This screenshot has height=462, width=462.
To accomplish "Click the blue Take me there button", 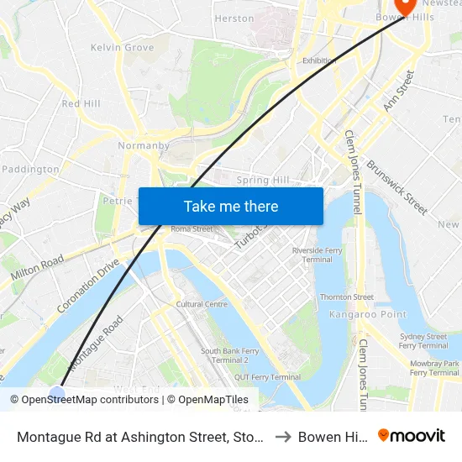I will point(231,206).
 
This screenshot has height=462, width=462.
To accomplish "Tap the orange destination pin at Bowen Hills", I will point(407,7).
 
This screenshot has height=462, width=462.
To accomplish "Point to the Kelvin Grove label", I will point(122,48).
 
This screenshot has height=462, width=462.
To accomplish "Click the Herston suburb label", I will point(234,18).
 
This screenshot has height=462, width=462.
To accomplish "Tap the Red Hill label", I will point(81,103).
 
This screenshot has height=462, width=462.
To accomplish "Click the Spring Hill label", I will point(263,180).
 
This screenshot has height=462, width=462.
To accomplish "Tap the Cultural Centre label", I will point(202,304).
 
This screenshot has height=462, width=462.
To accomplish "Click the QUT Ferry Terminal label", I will point(268,377).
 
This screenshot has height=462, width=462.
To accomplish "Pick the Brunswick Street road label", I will point(397,187).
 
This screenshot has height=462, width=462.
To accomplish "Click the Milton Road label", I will point(37,269).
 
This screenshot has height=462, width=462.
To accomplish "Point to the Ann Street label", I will point(399,91).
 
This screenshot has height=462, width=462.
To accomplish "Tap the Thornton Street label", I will point(346,297).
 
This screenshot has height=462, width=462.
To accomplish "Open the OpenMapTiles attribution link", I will point(207,400).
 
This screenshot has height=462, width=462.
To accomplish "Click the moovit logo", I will point(411,436).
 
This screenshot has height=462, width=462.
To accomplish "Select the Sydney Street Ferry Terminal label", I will point(423,341).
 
